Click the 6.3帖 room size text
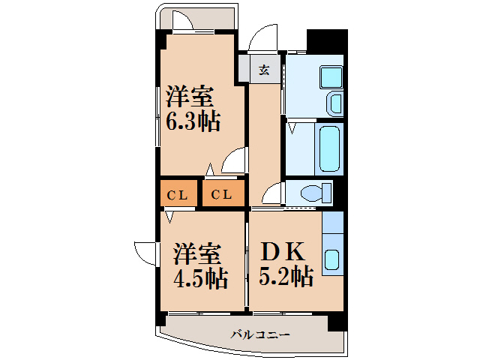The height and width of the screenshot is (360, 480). click(x=193, y=121)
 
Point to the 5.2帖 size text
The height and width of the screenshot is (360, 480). click(x=286, y=277)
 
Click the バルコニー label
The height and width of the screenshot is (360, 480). click(x=259, y=334)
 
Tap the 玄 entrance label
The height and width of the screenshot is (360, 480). click(x=264, y=71)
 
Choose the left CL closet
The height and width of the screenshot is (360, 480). click(x=177, y=195)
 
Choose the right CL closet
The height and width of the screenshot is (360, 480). click(x=221, y=195)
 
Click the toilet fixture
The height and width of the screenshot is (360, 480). click(x=313, y=193)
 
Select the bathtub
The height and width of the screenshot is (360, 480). click(x=330, y=149)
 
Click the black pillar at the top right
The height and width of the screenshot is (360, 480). click(x=328, y=41)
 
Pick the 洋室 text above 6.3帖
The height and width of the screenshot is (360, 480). click(x=190, y=97)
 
